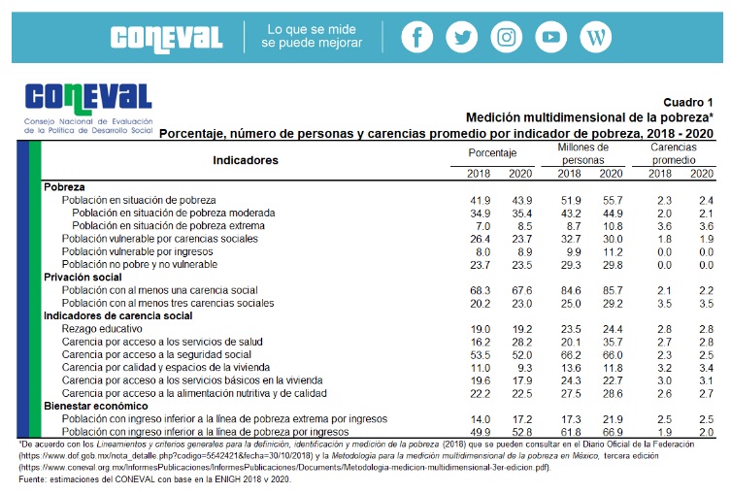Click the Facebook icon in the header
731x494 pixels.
(x=416, y=37)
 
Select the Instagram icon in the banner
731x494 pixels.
(x=506, y=37)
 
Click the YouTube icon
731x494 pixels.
(x=550, y=37)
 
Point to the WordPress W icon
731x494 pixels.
(x=595, y=37)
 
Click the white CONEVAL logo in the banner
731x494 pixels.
(x=166, y=38)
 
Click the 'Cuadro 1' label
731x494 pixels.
(x=688, y=102)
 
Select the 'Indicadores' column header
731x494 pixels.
(x=246, y=160)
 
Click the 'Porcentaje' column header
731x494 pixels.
(x=492, y=153)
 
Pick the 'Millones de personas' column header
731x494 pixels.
(x=582, y=153)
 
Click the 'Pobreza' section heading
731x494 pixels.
(x=64, y=186)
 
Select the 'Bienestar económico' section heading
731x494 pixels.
(x=95, y=407)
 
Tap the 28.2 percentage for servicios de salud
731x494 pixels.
(x=520, y=343)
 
